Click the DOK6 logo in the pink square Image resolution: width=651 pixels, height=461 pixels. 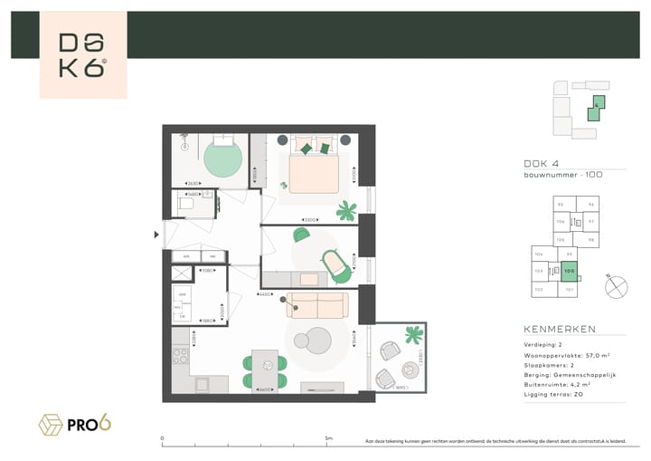83,55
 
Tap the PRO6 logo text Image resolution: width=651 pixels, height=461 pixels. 93,423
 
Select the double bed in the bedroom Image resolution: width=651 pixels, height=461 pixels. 312,164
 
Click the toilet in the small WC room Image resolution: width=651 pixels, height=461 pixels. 187,205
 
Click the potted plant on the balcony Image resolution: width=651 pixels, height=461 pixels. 414,335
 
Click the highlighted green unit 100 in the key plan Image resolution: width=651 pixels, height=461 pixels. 569,270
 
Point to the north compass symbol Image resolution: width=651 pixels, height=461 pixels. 617,286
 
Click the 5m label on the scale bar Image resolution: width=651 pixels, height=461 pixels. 328,439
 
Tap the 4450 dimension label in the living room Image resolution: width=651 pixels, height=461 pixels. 267,294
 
